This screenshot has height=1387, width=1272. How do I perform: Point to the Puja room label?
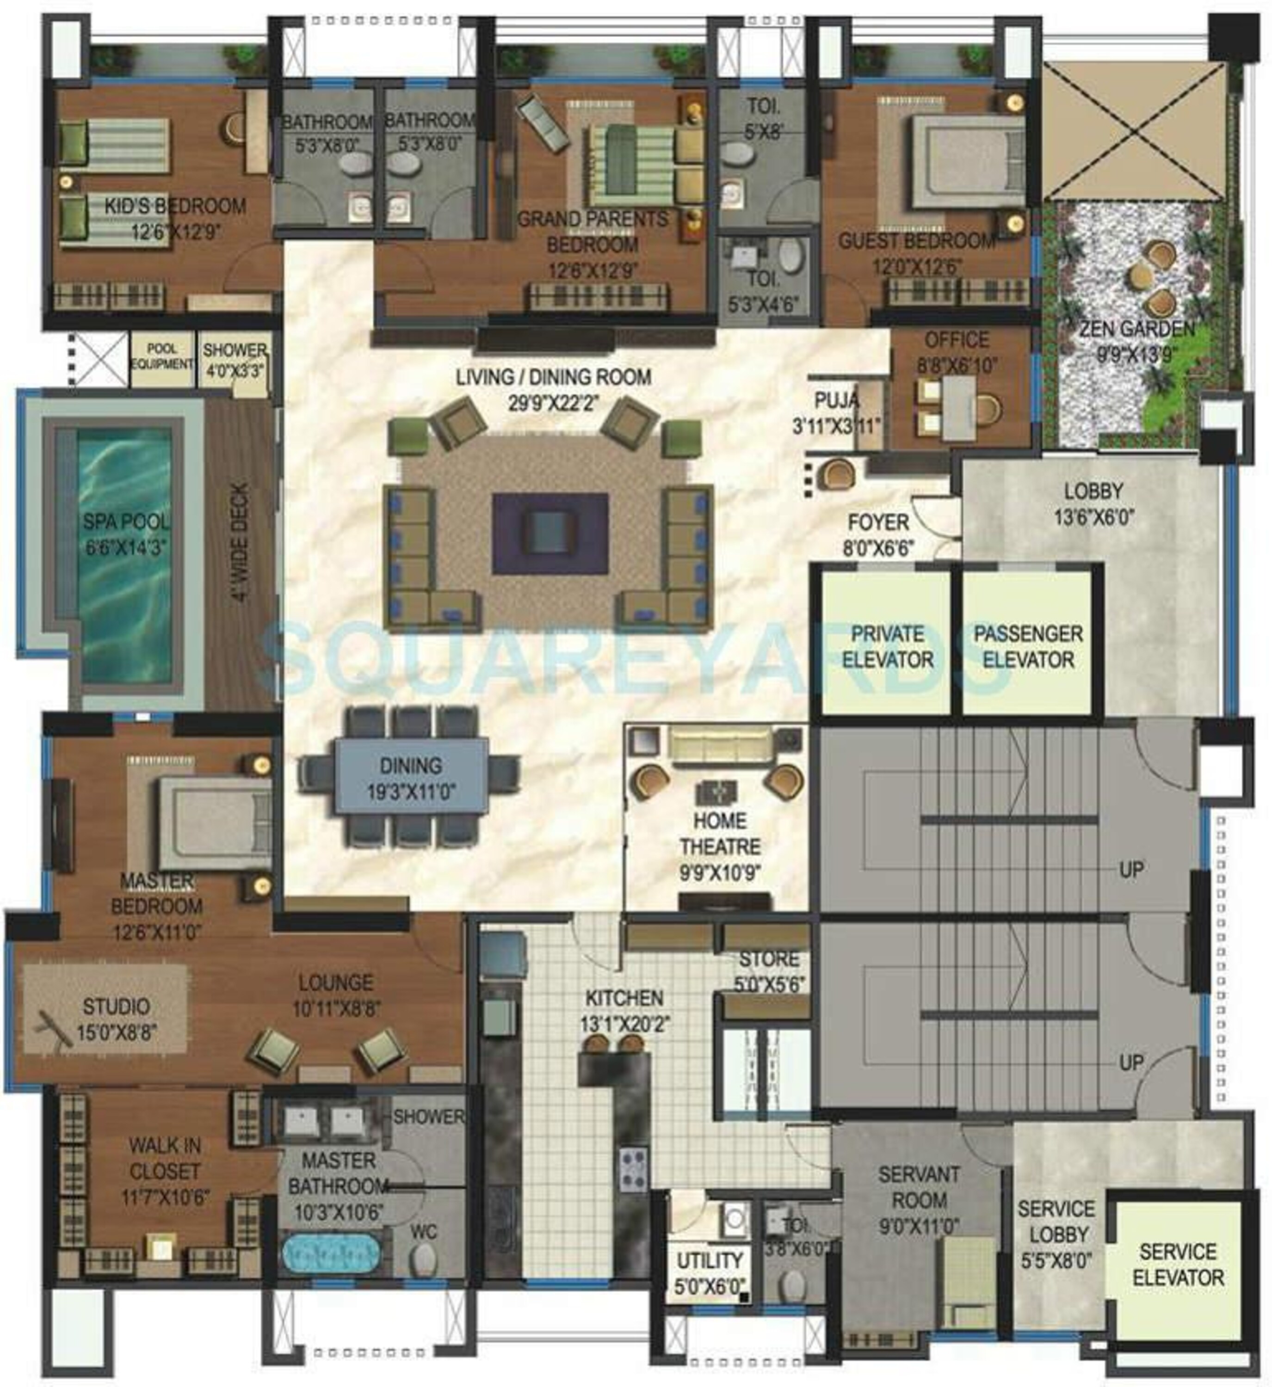pos(836,400)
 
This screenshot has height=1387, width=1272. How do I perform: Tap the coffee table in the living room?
pos(550,533)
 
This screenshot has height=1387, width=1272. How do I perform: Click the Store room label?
pos(769,959)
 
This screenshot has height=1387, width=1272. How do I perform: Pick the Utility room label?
pos(710,1260)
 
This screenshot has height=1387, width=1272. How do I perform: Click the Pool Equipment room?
pos(162,357)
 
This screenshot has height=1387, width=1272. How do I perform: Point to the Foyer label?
pos(877,523)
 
